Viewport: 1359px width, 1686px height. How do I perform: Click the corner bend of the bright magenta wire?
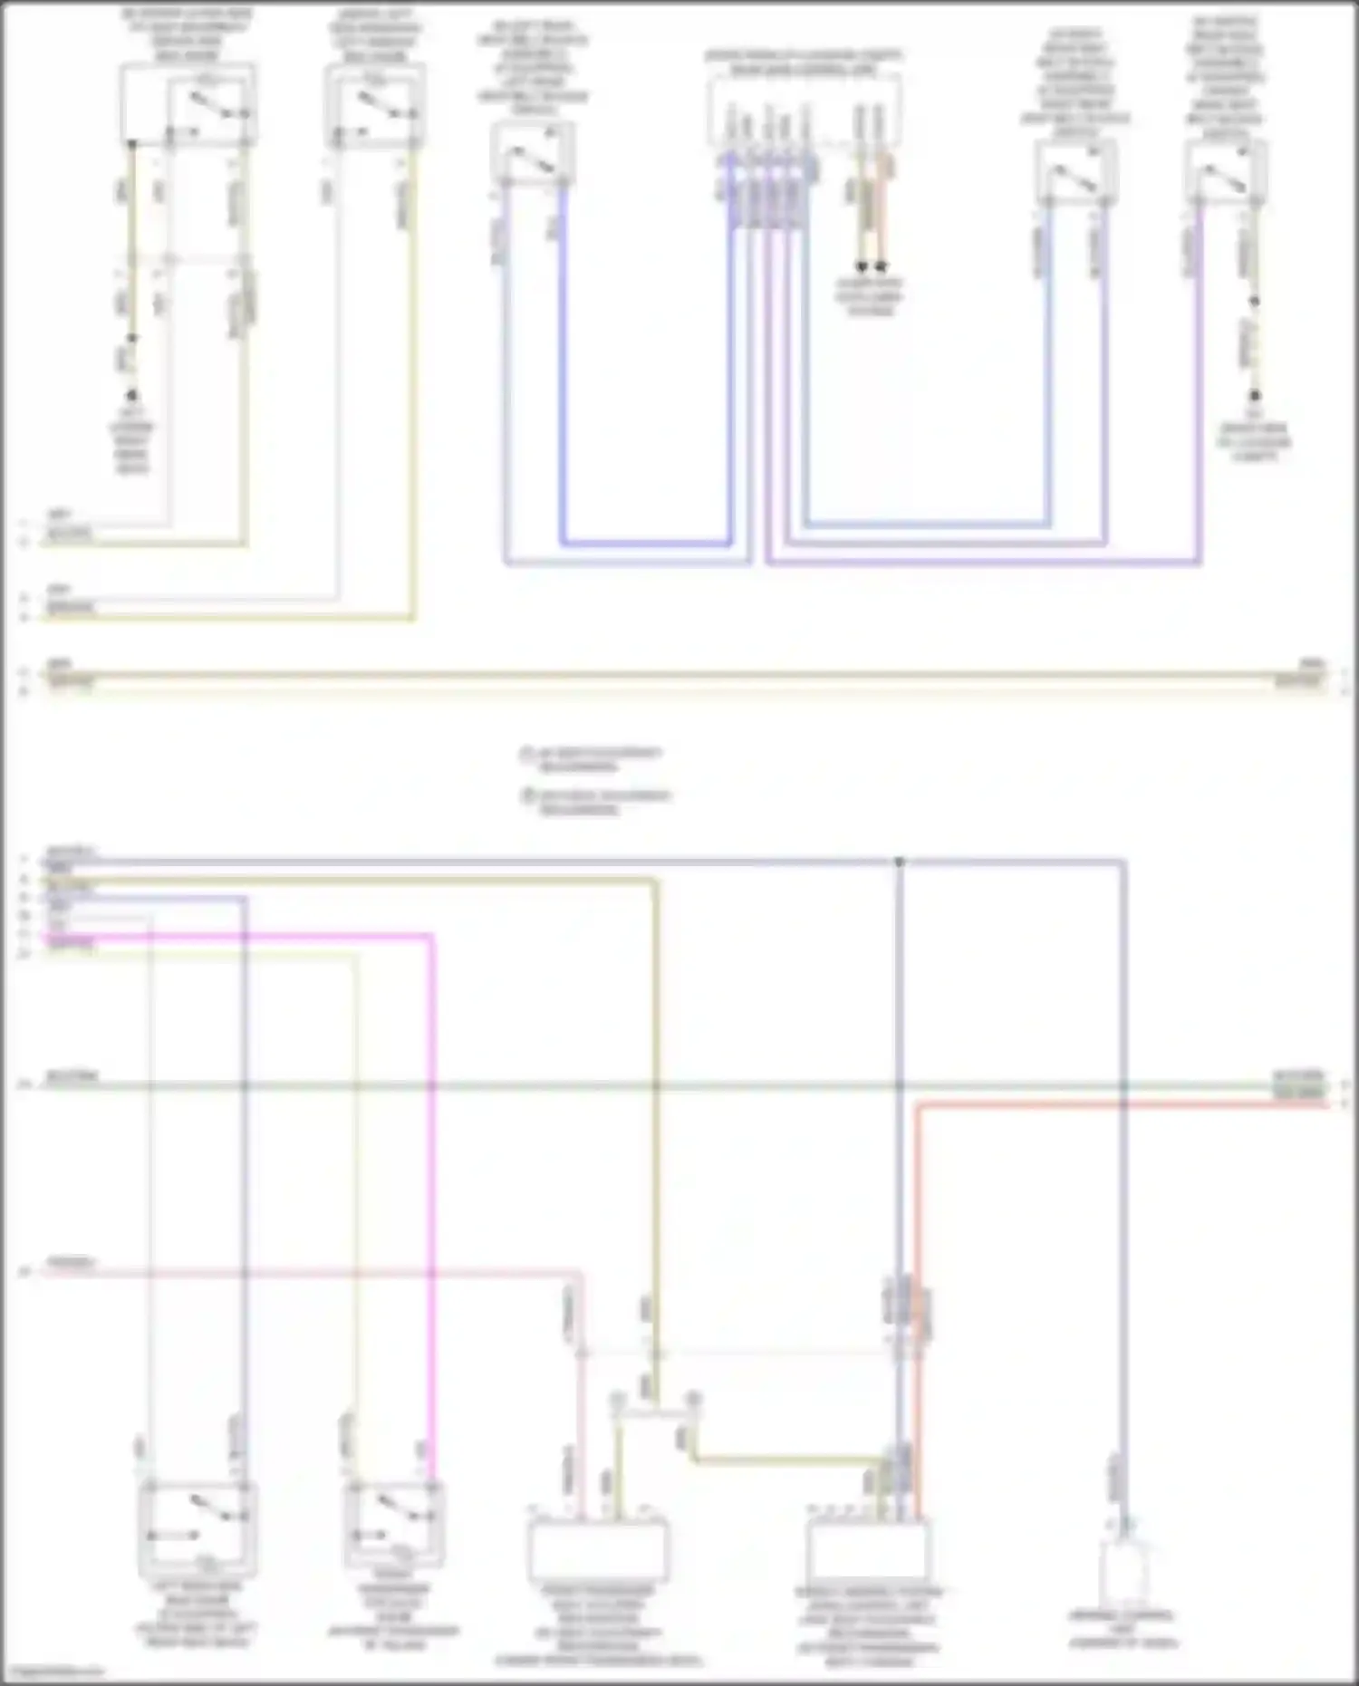431,936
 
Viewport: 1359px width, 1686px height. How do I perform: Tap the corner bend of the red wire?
917,1105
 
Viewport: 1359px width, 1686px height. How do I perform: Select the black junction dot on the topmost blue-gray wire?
899,862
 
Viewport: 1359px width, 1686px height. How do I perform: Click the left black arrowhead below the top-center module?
862,267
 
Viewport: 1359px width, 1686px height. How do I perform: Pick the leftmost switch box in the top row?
188,105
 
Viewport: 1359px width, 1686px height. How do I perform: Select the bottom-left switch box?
197,1528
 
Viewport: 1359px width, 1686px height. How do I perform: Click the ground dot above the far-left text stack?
132,396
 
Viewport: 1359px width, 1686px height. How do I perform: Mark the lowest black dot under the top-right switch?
1255,396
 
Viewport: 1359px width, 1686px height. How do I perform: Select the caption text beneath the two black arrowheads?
869,296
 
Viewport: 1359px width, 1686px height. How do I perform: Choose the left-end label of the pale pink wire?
71,1262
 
